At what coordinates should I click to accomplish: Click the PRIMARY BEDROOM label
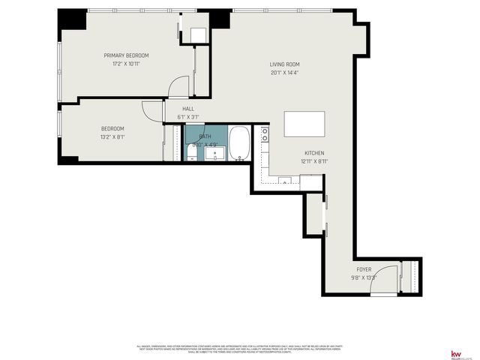(126, 55)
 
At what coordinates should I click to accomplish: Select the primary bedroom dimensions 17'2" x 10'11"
(126, 64)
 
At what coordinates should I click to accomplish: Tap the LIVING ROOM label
(284, 64)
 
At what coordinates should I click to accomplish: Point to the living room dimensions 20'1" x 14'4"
(284, 73)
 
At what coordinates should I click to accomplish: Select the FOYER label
(364, 269)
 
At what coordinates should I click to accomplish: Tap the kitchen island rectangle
(304, 122)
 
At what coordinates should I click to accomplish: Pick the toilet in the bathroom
(192, 154)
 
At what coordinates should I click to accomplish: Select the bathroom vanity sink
(214, 154)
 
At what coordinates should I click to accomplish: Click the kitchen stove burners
(265, 134)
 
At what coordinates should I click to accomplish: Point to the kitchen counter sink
(284, 181)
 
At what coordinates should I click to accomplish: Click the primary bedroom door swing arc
(178, 86)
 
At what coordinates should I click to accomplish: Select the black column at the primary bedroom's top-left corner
(72, 18)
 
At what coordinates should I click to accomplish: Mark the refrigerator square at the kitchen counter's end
(310, 182)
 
